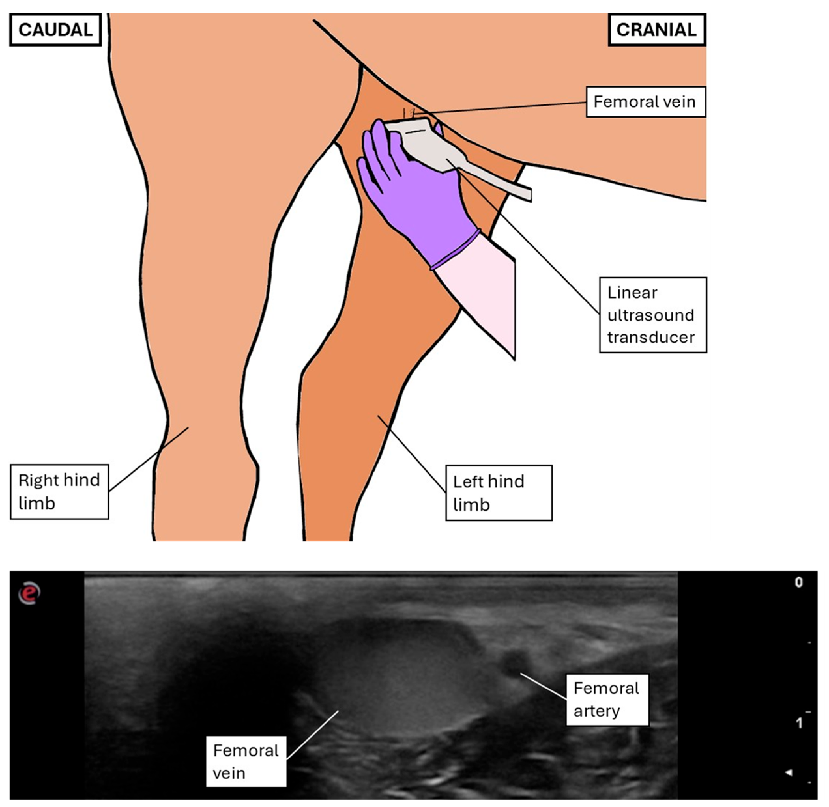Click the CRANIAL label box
pyautogui.click(x=656, y=30)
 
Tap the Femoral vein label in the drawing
pyautogui.click(x=645, y=102)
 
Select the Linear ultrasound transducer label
pyautogui.click(x=652, y=315)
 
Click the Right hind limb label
pyautogui.click(x=59, y=492)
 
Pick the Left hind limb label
pyautogui.click(x=499, y=493)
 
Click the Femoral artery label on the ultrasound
pyautogui.click(x=607, y=700)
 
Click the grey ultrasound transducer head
pyautogui.click(x=420, y=140)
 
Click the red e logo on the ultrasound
pyautogui.click(x=29, y=592)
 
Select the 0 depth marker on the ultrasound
pyautogui.click(x=798, y=583)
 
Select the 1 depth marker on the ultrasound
pyautogui.click(x=798, y=723)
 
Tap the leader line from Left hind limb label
pyautogui.click(x=412, y=453)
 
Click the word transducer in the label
pyautogui.click(x=651, y=337)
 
